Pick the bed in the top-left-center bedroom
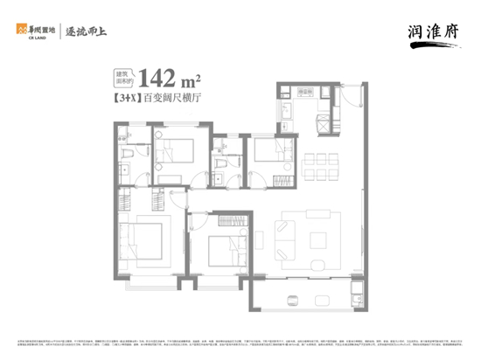coord(178,148)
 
